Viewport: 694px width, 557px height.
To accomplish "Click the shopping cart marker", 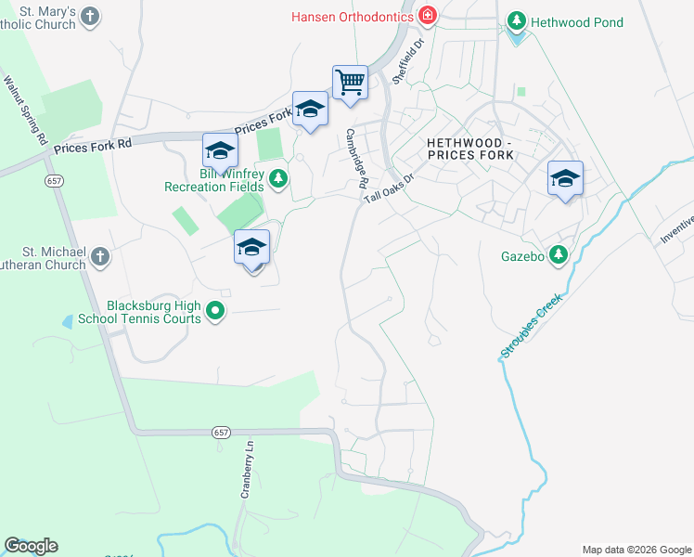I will tap(351, 82).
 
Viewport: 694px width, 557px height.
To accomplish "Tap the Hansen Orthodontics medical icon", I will tap(427, 16).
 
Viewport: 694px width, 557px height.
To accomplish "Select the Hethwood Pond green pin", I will tap(517, 21).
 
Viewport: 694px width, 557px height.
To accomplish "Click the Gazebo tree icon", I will tap(558, 254).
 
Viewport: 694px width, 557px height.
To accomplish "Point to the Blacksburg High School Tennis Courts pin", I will tap(215, 311).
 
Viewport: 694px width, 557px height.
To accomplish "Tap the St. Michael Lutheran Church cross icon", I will tap(100, 255).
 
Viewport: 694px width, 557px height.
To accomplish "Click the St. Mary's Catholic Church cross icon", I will tap(89, 16).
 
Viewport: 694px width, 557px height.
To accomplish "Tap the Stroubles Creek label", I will tap(533, 326).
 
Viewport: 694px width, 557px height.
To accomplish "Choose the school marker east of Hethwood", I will tap(564, 177).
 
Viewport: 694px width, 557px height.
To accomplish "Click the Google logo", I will tap(31, 546).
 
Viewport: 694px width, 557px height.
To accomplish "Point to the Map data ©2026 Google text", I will tap(636, 550).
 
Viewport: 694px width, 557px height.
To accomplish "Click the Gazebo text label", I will tap(520, 254).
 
